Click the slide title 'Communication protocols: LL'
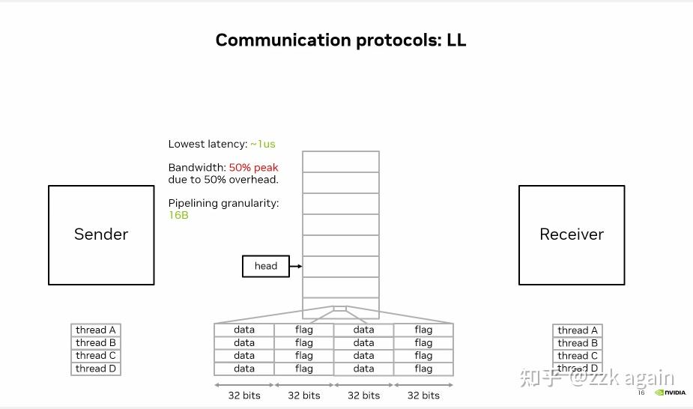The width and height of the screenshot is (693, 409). (x=341, y=40)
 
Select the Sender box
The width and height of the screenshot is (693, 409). (x=101, y=235)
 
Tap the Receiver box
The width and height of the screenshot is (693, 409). (x=572, y=235)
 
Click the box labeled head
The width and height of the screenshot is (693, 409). (x=266, y=266)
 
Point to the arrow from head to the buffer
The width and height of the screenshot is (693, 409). (x=295, y=266)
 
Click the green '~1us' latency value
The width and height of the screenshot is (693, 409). (x=263, y=144)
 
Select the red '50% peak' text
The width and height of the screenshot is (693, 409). (x=253, y=167)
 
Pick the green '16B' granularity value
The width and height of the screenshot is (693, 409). (x=178, y=216)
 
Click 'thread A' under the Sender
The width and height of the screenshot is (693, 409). (x=96, y=330)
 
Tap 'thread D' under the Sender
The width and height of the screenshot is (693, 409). (x=96, y=369)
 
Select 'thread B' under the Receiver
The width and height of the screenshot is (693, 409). (x=578, y=343)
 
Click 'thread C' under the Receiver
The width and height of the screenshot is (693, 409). (x=578, y=356)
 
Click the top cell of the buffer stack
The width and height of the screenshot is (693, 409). (x=341, y=162)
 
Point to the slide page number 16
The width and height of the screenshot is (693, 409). (x=641, y=393)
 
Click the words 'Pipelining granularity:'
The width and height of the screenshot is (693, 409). (x=223, y=204)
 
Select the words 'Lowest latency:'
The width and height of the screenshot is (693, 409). (x=208, y=144)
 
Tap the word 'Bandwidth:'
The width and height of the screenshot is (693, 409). (x=197, y=167)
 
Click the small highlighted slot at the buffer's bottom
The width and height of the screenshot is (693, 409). (x=340, y=309)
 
